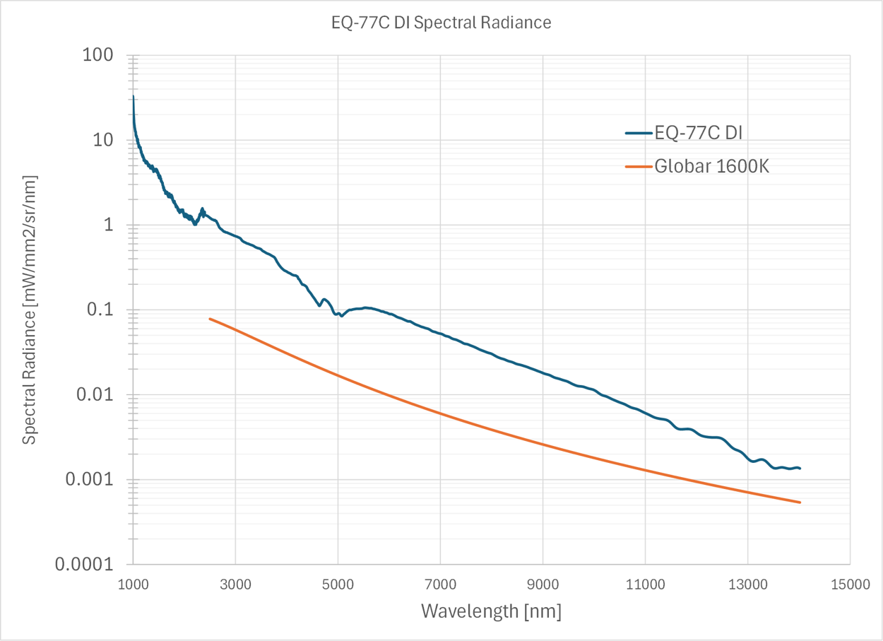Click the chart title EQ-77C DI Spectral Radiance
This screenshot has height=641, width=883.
[x=441, y=23]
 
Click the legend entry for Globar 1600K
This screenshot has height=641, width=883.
[x=711, y=167]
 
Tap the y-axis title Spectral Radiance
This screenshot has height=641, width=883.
[x=29, y=309]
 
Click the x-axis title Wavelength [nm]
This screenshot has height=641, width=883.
[x=491, y=611]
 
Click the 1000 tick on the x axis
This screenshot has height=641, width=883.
[x=133, y=584]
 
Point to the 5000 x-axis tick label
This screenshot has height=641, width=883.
[x=338, y=584]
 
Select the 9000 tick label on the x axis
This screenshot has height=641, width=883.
[x=543, y=584]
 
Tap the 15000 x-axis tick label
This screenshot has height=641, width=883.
[x=849, y=584]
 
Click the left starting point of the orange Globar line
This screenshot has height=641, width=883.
[x=210, y=319]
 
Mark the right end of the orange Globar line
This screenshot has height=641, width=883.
[x=800, y=502]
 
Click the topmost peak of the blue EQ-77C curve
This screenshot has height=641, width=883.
[x=133, y=96]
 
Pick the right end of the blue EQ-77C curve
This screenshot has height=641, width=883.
[x=800, y=469]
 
